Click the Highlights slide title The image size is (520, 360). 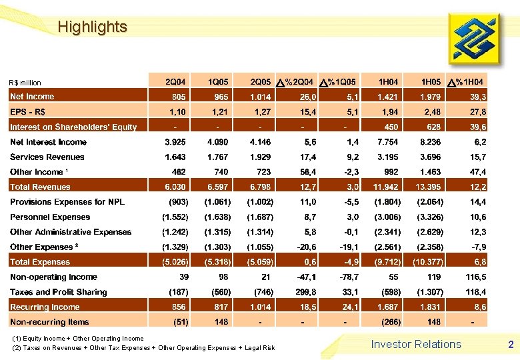pyautogui.click(x=92, y=27)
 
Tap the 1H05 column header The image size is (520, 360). pyautogui.click(x=428, y=81)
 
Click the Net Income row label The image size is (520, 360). pyautogui.click(x=32, y=97)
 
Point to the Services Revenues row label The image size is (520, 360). pyautogui.click(x=47, y=157)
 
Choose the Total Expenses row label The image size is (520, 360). pyautogui.click(x=40, y=262)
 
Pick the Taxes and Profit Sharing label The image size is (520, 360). pyautogui.click(x=59, y=292)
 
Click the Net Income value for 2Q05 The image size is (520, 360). pyautogui.click(x=260, y=97)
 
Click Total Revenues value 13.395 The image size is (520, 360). pyautogui.click(x=427, y=187)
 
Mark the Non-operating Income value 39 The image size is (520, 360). pyautogui.click(x=182, y=277)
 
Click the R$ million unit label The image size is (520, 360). pyautogui.click(x=25, y=83)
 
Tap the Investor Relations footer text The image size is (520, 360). pyautogui.click(x=416, y=344)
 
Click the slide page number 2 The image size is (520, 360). pyautogui.click(x=511, y=345)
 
